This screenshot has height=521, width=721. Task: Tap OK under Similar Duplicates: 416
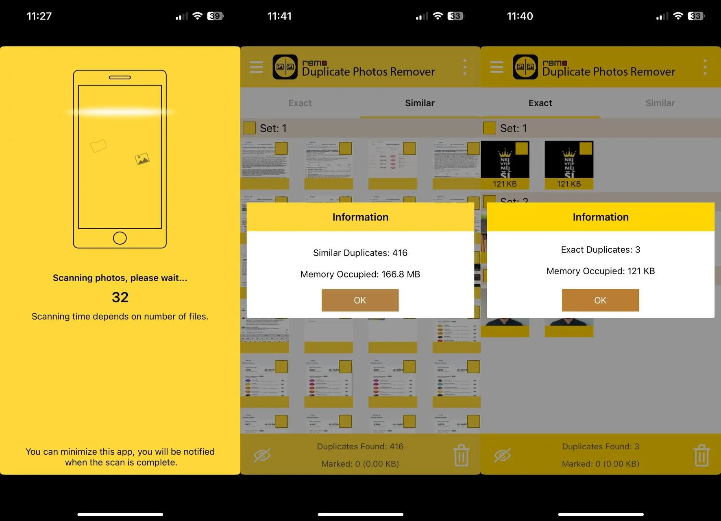pyautogui.click(x=360, y=300)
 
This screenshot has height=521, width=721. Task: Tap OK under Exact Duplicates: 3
pyautogui.click(x=600, y=300)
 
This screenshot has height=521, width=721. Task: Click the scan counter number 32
pyautogui.click(x=120, y=297)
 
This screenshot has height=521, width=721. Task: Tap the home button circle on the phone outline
pyautogui.click(x=120, y=238)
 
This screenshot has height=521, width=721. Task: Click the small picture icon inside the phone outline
pyautogui.click(x=142, y=159)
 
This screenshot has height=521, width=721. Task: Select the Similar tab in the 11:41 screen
pyautogui.click(x=420, y=103)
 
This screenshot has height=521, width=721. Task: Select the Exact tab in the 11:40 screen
pyautogui.click(x=540, y=103)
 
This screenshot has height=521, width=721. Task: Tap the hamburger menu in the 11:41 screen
pyautogui.click(x=256, y=67)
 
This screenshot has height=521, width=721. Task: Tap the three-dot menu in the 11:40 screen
pyautogui.click(x=705, y=67)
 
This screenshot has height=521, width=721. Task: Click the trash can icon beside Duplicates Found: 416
pyautogui.click(x=461, y=455)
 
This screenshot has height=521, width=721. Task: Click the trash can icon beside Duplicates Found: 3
pyautogui.click(x=701, y=455)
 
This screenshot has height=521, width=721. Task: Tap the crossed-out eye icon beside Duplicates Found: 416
pyautogui.click(x=262, y=455)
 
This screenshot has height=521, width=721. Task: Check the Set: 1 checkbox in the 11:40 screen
pyautogui.click(x=489, y=128)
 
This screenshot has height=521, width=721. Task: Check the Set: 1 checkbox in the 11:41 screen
pyautogui.click(x=249, y=128)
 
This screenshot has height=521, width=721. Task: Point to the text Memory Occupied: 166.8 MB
pyautogui.click(x=360, y=274)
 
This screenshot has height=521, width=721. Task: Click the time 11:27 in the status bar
pyautogui.click(x=39, y=16)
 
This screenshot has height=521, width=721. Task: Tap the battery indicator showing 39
pyautogui.click(x=215, y=16)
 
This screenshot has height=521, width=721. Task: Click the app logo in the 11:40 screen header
pyautogui.click(x=525, y=67)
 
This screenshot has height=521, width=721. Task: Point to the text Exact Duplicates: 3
pyautogui.click(x=600, y=250)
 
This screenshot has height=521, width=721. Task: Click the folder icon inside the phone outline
pyautogui.click(x=98, y=145)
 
